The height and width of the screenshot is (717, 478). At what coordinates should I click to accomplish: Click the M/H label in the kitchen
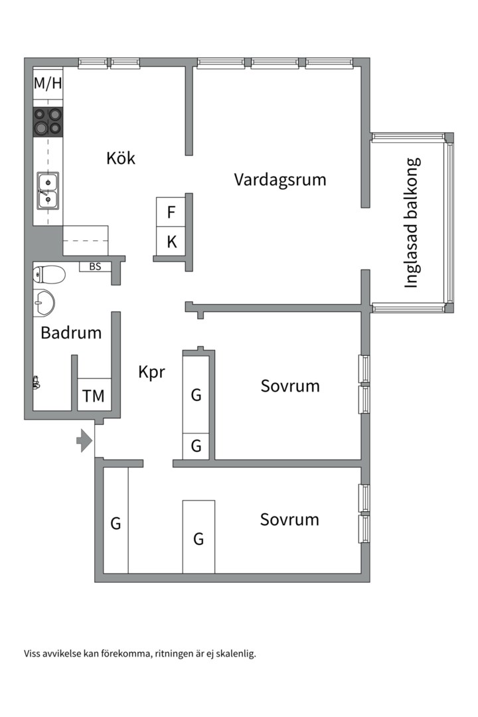pos(48,84)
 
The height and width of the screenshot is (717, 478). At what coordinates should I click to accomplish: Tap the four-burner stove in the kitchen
pos(48,121)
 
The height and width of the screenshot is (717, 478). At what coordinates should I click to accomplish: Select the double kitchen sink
pos(47,190)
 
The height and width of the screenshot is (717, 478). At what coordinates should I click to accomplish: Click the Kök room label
pos(121,158)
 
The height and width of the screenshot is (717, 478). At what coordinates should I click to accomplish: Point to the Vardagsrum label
pos(279,180)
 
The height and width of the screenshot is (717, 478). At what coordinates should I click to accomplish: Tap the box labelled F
pos(171,212)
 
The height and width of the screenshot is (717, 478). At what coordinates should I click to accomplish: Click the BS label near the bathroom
pos(95,266)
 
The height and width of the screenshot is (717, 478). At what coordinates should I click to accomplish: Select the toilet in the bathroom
pos(49,274)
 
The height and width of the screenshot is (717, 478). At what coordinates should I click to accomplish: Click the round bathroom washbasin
pos(43,303)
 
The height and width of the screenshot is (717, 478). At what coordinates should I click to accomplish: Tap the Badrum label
pos(71,333)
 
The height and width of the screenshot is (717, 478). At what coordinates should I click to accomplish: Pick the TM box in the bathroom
pos(94,396)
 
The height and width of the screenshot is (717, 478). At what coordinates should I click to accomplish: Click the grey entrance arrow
pos(84,440)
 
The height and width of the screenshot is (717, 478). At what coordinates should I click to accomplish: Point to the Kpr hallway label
pos(151,372)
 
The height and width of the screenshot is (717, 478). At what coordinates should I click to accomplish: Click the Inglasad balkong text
pos(412,222)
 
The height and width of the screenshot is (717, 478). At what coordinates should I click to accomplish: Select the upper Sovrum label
pos(289,386)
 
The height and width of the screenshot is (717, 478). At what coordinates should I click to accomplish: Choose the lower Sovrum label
pos(289,519)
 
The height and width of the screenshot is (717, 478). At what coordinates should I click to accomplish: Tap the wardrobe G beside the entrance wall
pos(116,523)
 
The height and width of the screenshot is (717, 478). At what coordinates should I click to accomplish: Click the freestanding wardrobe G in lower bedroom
pos(199,538)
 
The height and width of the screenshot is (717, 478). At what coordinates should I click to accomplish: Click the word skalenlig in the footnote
pos(234,653)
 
